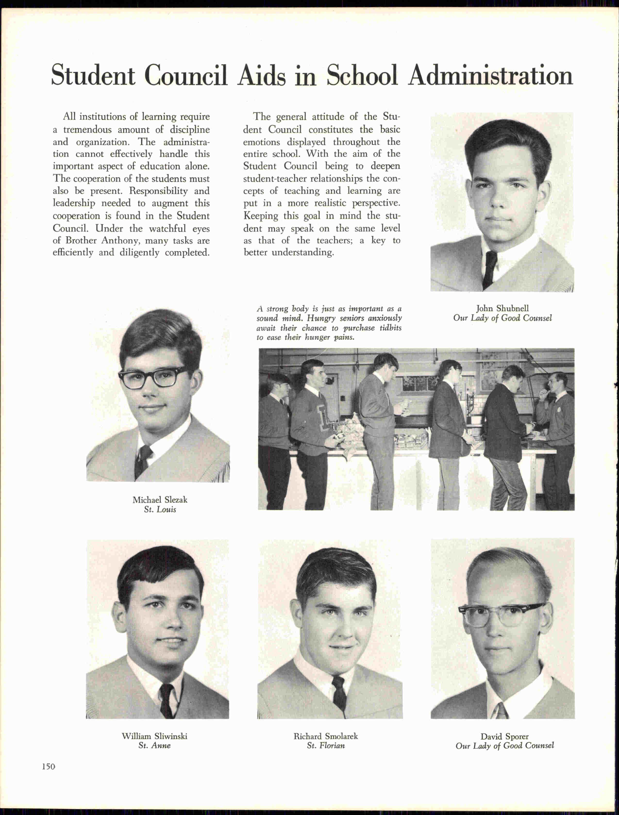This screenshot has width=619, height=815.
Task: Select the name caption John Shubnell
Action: tap(502, 308)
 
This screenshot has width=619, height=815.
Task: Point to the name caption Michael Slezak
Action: tap(160, 500)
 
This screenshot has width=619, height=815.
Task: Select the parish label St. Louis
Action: tap(160, 510)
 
